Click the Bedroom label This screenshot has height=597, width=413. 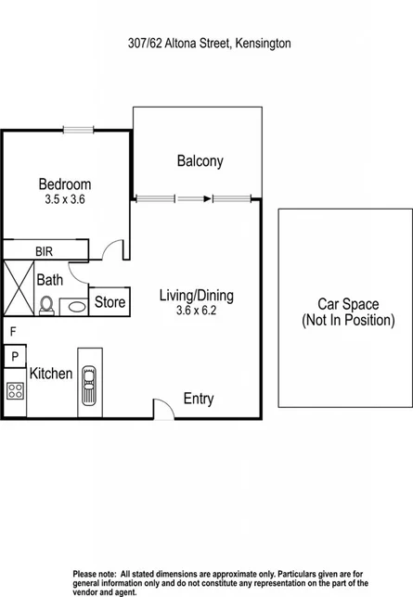point(64,184)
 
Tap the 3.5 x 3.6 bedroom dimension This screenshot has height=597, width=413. point(64,198)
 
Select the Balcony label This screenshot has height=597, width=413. point(200,161)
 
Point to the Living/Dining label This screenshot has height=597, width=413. point(196,296)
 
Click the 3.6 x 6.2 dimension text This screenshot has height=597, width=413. point(196,311)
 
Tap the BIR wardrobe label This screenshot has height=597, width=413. point(44,251)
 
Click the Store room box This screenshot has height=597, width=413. point(110,302)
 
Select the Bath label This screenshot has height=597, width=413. point(49,278)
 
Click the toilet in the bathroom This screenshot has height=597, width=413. point(46,303)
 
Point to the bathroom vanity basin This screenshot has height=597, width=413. point(72,303)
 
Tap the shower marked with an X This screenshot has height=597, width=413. point(18,289)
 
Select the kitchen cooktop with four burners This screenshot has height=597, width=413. point(16,390)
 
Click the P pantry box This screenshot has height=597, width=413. point(16,356)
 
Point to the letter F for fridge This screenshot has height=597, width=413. point(13,331)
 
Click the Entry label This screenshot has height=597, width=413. point(198,399)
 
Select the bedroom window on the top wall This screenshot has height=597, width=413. point(77,129)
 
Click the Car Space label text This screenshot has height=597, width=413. point(348,311)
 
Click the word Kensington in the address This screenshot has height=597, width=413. point(266,43)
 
